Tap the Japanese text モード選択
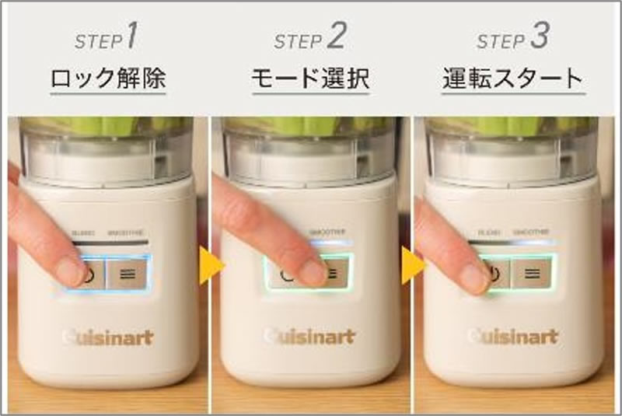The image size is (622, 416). click(309, 79)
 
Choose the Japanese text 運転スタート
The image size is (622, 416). click(512, 79)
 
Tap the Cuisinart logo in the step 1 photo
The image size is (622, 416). click(107, 337)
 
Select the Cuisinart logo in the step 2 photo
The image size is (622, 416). click(309, 337)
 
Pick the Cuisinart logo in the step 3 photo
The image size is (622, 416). click(512, 337)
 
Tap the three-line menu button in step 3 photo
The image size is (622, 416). click(533, 273)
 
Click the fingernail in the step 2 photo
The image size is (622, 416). click(313, 272)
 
